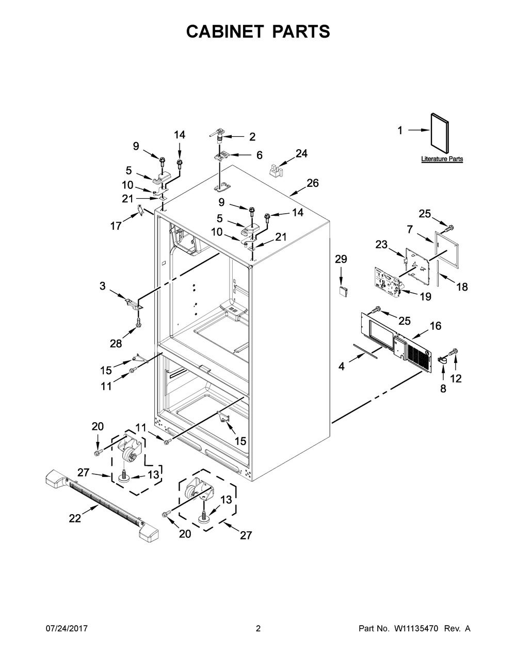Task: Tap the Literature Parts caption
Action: [x=442, y=159]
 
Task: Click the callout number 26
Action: [x=313, y=183]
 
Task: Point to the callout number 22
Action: [x=75, y=518]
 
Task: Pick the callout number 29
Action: [x=341, y=259]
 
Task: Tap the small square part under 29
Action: [x=343, y=290]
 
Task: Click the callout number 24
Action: [x=301, y=153]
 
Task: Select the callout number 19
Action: [x=426, y=297]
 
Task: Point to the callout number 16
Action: [x=436, y=326]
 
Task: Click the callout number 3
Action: [x=103, y=286]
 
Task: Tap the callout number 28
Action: [x=116, y=343]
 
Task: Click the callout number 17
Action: [x=116, y=226]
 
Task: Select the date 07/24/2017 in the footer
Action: [x=67, y=628]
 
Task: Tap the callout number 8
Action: [x=443, y=389]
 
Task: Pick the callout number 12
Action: [x=456, y=378]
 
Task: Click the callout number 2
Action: [x=252, y=137]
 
